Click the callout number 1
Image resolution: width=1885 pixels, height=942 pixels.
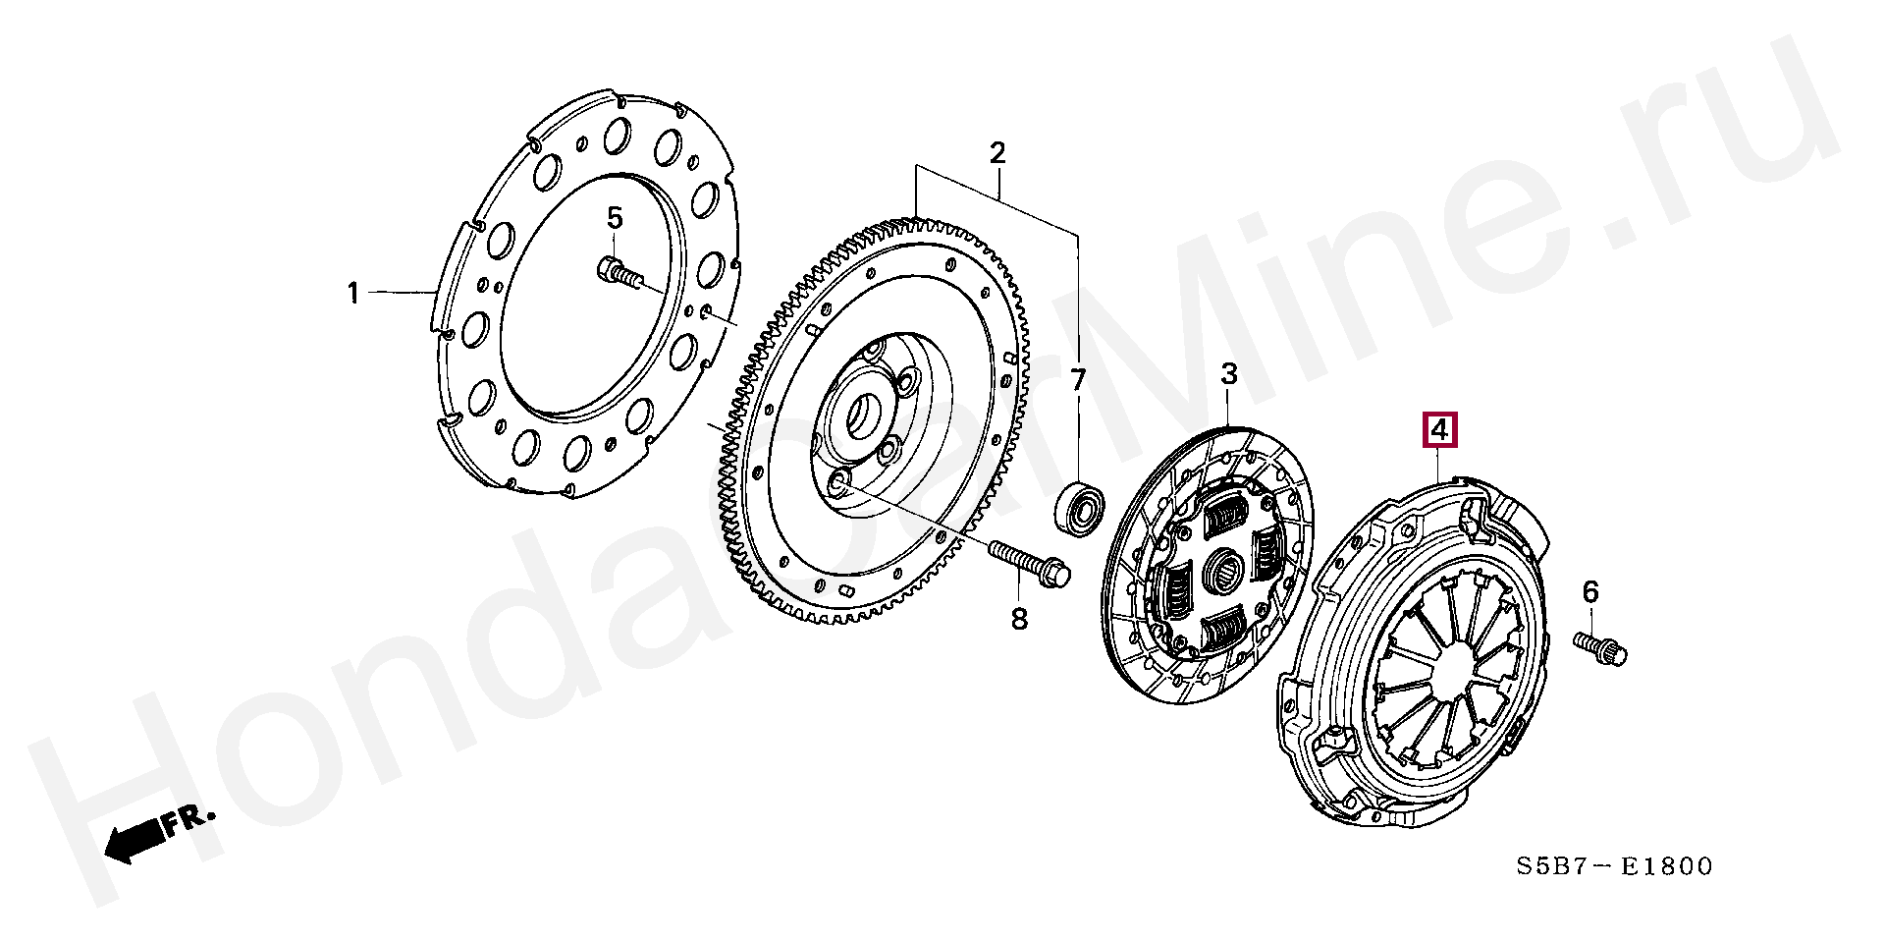(x=353, y=293)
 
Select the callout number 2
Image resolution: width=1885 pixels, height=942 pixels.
(x=997, y=153)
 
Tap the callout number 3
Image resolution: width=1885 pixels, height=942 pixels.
(x=1229, y=374)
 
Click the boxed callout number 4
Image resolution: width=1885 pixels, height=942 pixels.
(x=1439, y=430)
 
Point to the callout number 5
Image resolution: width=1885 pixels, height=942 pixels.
(x=614, y=218)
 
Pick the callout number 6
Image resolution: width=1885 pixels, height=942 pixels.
(x=1590, y=591)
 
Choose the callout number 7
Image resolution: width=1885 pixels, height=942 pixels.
(x=1078, y=380)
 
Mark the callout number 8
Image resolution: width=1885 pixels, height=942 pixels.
(x=1019, y=619)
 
